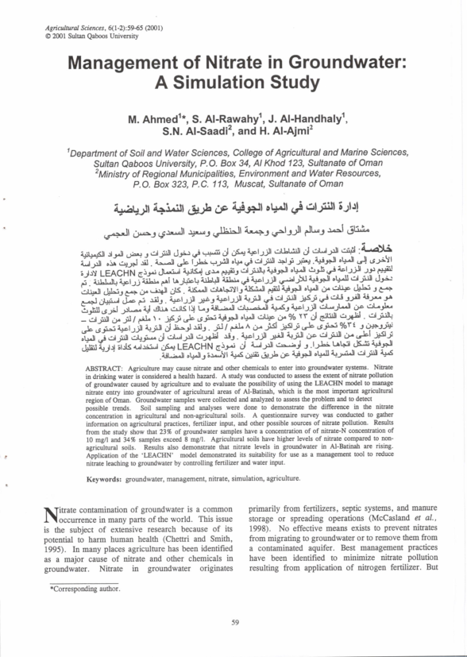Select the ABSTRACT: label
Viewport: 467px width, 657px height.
click(104, 369)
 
